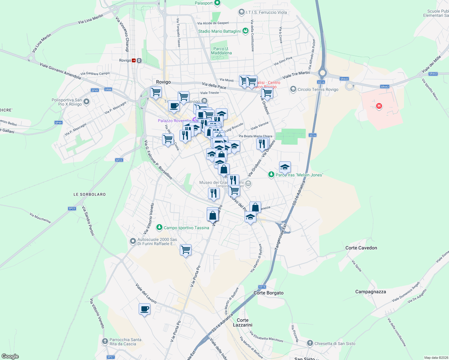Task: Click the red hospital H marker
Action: coord(379,106)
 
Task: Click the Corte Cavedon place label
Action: coord(361,248)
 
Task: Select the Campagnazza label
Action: coord(371,292)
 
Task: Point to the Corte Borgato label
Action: coord(268,293)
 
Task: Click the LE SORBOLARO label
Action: coord(89,194)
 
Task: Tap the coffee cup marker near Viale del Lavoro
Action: coord(144,309)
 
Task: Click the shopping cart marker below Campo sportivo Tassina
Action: coord(185,250)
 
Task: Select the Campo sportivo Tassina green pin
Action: coord(159,228)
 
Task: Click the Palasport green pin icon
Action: coord(217,3)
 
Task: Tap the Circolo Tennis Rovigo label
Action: coord(318,89)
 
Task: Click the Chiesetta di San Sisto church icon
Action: coord(310,343)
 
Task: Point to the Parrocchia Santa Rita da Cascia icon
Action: coord(105,341)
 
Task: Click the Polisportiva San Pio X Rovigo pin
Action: coord(86,102)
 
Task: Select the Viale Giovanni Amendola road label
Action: coord(60,71)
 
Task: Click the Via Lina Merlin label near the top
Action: coord(90,19)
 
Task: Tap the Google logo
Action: coord(10,356)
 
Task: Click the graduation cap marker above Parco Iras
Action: coord(285,167)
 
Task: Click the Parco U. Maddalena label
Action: coord(221,51)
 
